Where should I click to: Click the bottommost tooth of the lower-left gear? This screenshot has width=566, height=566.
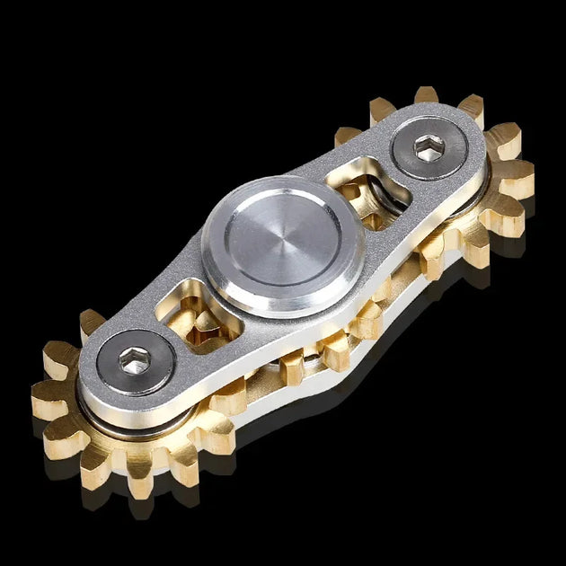click(x=139, y=483)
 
